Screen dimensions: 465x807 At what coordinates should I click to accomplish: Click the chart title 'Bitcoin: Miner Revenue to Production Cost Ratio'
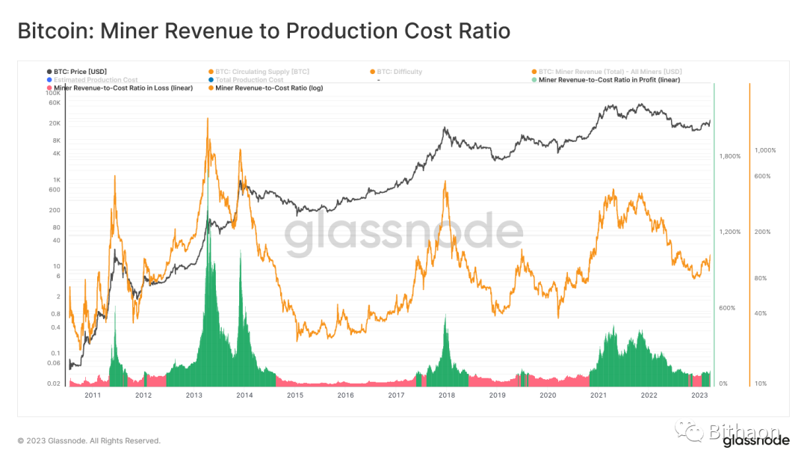coord(264,31)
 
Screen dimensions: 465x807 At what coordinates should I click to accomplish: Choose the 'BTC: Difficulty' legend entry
coord(400,72)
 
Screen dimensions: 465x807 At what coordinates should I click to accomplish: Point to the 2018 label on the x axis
coord(447,395)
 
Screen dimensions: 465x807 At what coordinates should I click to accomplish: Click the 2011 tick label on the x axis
coord(93,395)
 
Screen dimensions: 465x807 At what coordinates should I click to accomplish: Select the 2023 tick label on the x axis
coord(699,395)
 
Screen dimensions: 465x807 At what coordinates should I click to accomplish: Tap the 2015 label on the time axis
coord(295,395)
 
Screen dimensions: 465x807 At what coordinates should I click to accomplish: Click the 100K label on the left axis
coord(53,93)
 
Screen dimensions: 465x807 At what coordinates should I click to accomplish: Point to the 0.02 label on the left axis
coord(54,384)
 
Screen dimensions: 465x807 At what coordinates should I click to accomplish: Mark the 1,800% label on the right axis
coord(729,156)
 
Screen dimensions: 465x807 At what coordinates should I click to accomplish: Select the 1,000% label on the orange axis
coord(766,150)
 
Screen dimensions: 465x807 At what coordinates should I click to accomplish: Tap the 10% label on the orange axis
coord(761,384)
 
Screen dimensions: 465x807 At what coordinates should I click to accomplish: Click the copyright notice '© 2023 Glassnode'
coord(89,441)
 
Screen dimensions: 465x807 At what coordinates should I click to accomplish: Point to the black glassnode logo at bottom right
coord(755,441)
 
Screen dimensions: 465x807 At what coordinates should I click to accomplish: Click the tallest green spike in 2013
coord(208,224)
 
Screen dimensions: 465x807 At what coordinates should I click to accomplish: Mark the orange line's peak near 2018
coord(445,182)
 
